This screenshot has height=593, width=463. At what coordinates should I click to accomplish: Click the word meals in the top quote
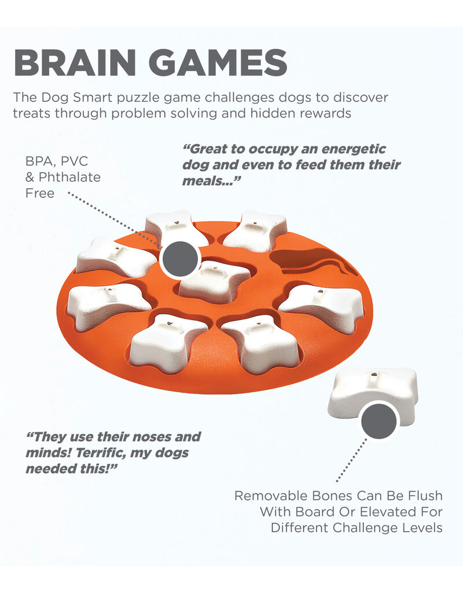click(x=205, y=181)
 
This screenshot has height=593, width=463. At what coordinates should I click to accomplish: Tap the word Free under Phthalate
click(x=39, y=193)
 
